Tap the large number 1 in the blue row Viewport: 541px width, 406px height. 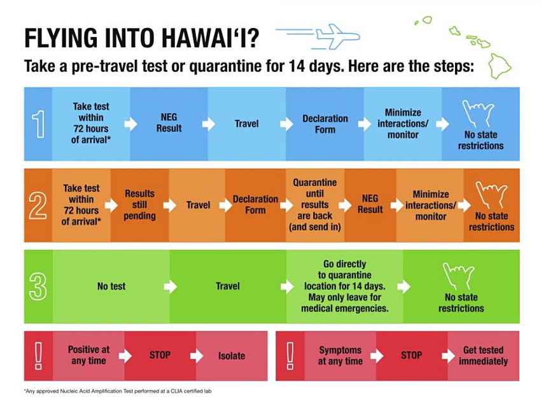(38, 124)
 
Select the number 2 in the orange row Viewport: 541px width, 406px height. (38, 206)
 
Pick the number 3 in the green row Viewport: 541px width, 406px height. (38, 286)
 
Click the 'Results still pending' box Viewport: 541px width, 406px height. (140, 206)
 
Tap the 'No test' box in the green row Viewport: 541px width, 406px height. (111, 286)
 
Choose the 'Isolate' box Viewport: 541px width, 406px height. (232, 356)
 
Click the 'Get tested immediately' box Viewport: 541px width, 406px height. (483, 356)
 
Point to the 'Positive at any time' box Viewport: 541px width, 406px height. (88, 356)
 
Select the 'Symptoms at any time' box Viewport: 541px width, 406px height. (341, 356)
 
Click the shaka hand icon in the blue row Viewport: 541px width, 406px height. (478, 113)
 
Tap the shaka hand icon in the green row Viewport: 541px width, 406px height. (458, 276)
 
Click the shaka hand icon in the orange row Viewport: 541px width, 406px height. (491, 195)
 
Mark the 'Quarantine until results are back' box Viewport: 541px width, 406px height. (315, 206)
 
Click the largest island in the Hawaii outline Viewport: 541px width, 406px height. (500, 66)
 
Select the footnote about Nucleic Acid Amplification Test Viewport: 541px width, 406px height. (118, 391)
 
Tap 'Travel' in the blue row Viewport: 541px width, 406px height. (247, 124)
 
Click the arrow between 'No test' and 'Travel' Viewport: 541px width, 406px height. (171, 286)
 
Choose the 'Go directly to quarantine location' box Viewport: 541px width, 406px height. (345, 286)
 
